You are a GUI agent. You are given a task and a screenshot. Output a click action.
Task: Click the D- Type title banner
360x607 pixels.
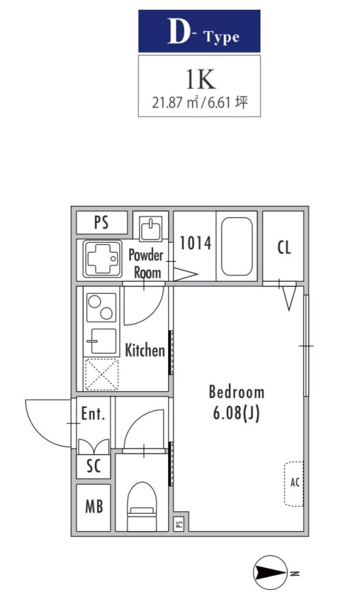(199, 31)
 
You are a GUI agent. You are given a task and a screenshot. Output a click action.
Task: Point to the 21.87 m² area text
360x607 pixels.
(175, 103)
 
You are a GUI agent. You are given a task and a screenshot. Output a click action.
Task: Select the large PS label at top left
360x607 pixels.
(102, 222)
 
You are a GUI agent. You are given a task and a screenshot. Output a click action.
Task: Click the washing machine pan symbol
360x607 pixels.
(102, 259)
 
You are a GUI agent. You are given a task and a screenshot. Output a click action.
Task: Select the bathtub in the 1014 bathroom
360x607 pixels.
(237, 246)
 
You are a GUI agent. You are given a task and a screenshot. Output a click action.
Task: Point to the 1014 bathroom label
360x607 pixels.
(195, 243)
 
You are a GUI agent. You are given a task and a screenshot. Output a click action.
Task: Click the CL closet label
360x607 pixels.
(284, 247)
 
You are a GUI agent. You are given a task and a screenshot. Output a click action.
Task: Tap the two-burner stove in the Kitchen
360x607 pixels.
(101, 307)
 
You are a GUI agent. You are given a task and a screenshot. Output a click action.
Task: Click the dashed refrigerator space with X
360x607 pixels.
(102, 374)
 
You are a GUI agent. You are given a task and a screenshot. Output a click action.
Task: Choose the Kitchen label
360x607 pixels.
(144, 350)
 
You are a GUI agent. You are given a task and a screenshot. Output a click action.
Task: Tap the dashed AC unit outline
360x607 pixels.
(294, 484)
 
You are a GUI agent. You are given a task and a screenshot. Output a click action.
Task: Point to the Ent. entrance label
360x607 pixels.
(93, 414)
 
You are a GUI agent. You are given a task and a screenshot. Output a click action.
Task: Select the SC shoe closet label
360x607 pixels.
(94, 466)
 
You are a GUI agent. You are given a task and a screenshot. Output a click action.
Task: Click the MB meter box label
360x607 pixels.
(94, 507)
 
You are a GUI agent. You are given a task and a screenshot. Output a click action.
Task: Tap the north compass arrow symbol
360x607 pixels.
(270, 573)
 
